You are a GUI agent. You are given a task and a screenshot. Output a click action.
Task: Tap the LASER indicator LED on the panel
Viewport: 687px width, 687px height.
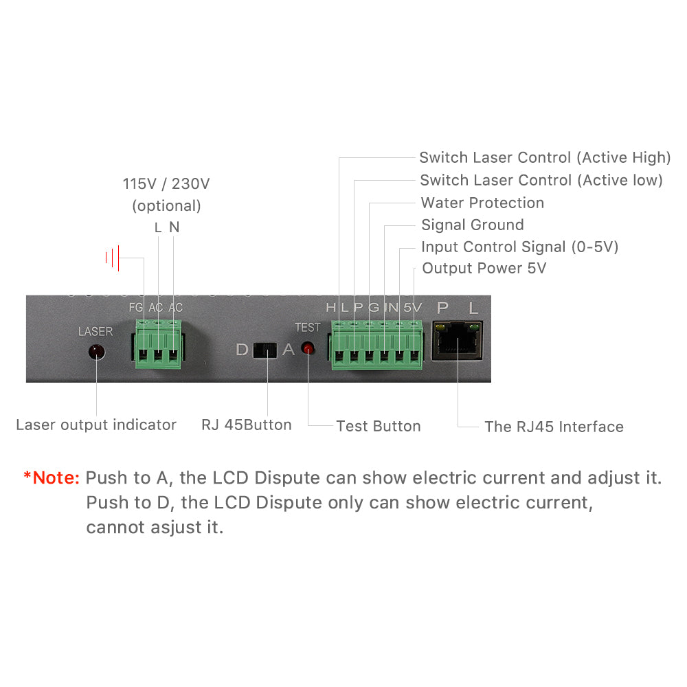[x=95, y=352]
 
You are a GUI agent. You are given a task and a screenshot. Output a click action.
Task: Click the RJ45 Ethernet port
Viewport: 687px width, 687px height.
[x=456, y=340]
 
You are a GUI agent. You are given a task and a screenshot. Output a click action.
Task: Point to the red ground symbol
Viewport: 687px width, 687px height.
[x=113, y=258]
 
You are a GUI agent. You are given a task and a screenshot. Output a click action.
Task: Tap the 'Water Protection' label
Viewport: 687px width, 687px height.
[x=482, y=203]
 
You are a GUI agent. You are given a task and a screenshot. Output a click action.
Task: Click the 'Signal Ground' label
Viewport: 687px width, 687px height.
[x=473, y=225]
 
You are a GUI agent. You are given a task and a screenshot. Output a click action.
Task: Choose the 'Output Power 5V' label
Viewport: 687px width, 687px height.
[x=484, y=268]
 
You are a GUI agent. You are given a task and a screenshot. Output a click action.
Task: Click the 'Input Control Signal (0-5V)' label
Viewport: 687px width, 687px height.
[x=520, y=247]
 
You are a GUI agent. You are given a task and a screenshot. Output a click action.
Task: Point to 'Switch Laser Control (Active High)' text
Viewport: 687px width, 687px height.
[x=545, y=157]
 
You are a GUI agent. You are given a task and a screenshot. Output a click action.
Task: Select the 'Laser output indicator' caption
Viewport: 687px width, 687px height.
[x=96, y=425]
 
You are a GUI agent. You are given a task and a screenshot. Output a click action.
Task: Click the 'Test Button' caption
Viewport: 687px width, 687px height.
[x=379, y=426]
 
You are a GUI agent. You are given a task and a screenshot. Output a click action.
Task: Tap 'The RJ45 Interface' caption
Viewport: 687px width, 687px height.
[x=554, y=427]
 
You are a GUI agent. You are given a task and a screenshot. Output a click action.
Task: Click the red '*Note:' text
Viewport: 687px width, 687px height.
[x=52, y=477]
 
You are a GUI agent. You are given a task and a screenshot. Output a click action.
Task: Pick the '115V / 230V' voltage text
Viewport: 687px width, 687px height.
[x=166, y=184]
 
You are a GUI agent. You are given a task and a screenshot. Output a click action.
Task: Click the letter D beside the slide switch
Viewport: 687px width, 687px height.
[x=242, y=349]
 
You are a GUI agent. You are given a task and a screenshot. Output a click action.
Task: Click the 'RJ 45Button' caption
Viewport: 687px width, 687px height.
[x=247, y=425]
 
